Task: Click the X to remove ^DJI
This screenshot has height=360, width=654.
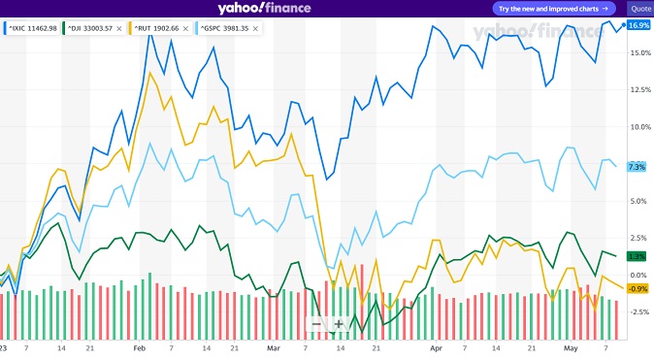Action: point(118,29)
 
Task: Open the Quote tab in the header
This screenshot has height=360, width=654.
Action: point(640,8)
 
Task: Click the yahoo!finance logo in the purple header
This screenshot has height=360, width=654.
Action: point(264,9)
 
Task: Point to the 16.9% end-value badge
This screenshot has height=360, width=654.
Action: point(638,25)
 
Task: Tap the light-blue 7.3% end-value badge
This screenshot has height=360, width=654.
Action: point(638,167)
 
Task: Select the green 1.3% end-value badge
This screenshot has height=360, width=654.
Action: point(638,256)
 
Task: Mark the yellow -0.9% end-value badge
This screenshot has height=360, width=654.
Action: point(638,288)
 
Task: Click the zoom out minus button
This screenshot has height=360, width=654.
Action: point(316,324)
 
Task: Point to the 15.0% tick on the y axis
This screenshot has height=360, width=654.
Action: point(639,52)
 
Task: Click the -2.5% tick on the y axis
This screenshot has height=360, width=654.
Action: point(638,311)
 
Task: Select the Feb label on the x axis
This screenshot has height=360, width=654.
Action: point(139,346)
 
